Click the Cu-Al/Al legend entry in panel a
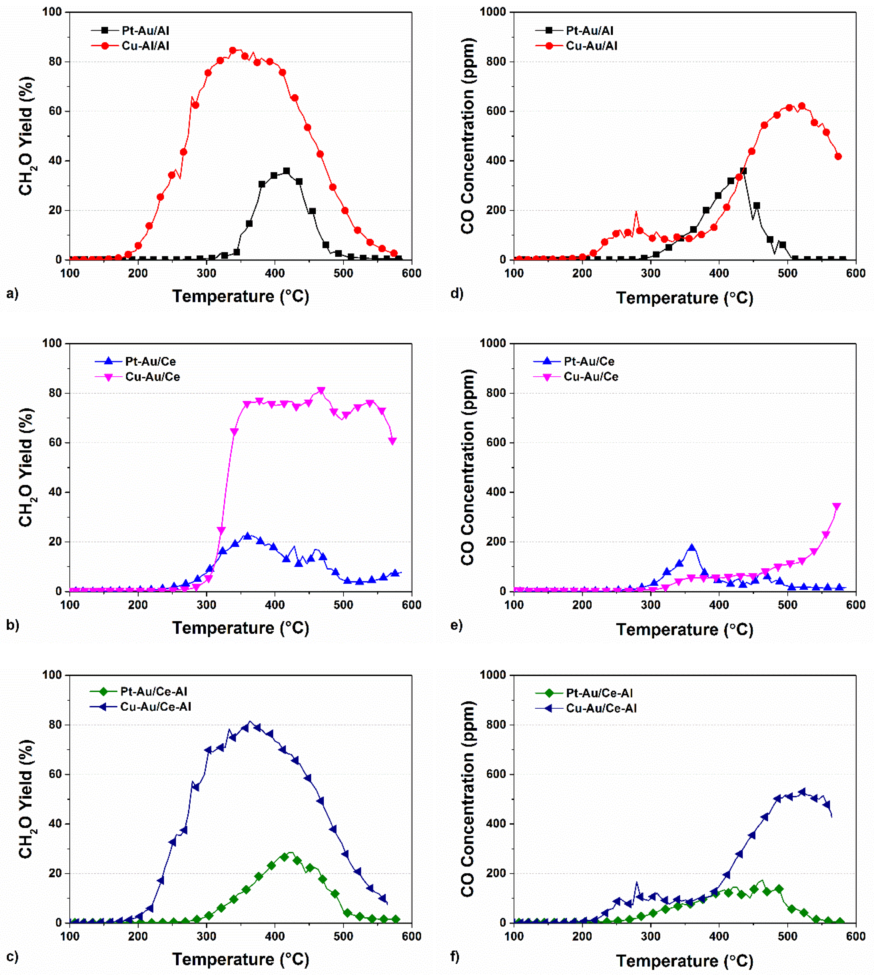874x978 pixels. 145,46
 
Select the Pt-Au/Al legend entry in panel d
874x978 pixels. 589,31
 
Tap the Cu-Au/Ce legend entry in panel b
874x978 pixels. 152,377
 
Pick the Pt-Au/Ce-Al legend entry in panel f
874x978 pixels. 599,693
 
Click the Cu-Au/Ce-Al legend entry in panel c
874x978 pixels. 155,706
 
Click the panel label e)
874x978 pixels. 456,625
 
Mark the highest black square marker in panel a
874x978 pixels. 286,171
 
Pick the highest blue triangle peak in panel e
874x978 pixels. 691,547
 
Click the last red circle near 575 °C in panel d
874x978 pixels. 838,156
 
